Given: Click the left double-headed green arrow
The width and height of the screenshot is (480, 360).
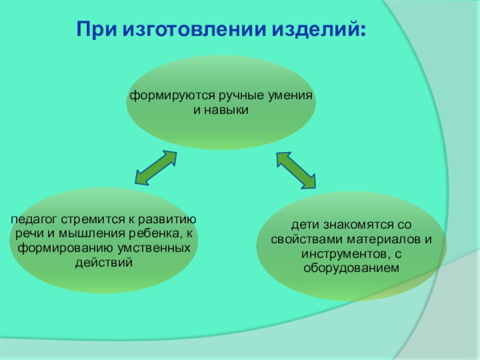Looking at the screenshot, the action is pyautogui.click(x=155, y=167).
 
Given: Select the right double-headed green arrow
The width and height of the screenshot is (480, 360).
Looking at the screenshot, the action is pyautogui.click(x=296, y=170).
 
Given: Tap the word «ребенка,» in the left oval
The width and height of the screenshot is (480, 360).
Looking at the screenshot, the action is pyautogui.click(x=146, y=234).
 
